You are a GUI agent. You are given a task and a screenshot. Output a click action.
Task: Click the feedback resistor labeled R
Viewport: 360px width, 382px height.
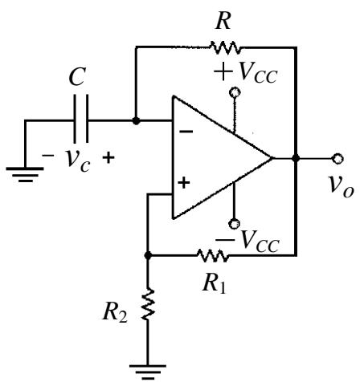(225, 47)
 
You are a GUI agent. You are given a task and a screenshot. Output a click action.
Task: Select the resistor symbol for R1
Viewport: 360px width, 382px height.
(213, 256)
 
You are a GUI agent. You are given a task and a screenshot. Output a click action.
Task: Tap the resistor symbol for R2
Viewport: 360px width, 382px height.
(147, 304)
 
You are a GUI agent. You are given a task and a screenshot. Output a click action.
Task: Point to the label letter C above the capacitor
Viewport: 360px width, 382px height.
(77, 76)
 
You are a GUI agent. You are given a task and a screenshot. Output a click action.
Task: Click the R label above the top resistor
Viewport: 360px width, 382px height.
(223, 21)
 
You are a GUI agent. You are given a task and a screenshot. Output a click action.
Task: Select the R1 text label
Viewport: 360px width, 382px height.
(215, 283)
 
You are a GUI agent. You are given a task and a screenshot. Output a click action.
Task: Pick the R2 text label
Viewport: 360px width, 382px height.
(115, 312)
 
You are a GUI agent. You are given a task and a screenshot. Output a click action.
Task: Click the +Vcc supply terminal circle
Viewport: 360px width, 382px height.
(235, 92)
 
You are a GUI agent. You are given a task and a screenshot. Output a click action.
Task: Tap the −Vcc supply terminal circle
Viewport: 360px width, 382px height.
(234, 224)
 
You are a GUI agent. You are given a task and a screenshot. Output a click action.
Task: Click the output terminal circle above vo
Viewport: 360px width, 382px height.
(337, 158)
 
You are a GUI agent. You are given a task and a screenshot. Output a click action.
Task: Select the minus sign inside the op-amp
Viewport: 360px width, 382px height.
(186, 132)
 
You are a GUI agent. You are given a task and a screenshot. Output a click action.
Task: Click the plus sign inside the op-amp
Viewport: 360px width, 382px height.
(184, 183)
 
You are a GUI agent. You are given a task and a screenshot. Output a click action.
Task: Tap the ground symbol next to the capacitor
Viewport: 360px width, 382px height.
(25, 174)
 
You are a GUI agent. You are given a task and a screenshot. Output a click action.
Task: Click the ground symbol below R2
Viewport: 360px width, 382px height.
(148, 372)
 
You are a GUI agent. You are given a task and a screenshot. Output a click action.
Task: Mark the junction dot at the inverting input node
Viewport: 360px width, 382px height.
(136, 121)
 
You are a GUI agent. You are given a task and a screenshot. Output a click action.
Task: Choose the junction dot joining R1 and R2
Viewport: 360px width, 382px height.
(148, 256)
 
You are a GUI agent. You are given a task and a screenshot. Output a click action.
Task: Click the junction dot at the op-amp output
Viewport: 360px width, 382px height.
(296, 158)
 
